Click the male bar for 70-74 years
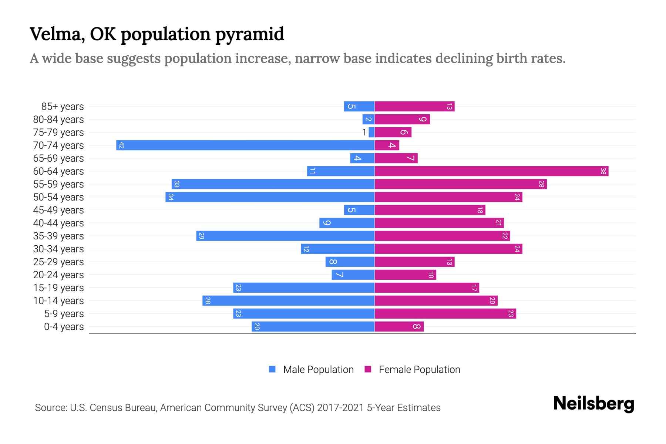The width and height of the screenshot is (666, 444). tap(245, 145)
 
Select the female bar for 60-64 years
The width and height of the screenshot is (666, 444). tap(491, 171)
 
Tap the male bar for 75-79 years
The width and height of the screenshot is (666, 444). tap(371, 132)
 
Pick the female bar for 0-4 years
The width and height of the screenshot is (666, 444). tap(399, 326)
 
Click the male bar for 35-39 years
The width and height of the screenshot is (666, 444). tap(285, 236)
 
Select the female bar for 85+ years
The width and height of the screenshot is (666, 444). tap(414, 106)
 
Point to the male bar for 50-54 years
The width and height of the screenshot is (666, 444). tap(270, 197)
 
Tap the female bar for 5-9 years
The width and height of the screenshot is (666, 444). tap(445, 313)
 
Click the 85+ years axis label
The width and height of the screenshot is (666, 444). tap(63, 107)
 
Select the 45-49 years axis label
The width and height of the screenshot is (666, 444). tap(58, 210)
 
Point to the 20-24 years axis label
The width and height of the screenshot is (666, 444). tap(58, 275)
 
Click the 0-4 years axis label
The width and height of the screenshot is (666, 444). tap(64, 327)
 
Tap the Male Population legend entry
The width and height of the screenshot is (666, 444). tap(311, 369)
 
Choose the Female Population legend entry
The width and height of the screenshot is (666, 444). tap(412, 369)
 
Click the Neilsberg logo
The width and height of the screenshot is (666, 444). tap(593, 403)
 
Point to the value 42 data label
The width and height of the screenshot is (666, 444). tap(121, 145)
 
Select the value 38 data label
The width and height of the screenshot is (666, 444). tap(603, 171)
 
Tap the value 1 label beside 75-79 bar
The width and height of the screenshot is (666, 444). tap(364, 132)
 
